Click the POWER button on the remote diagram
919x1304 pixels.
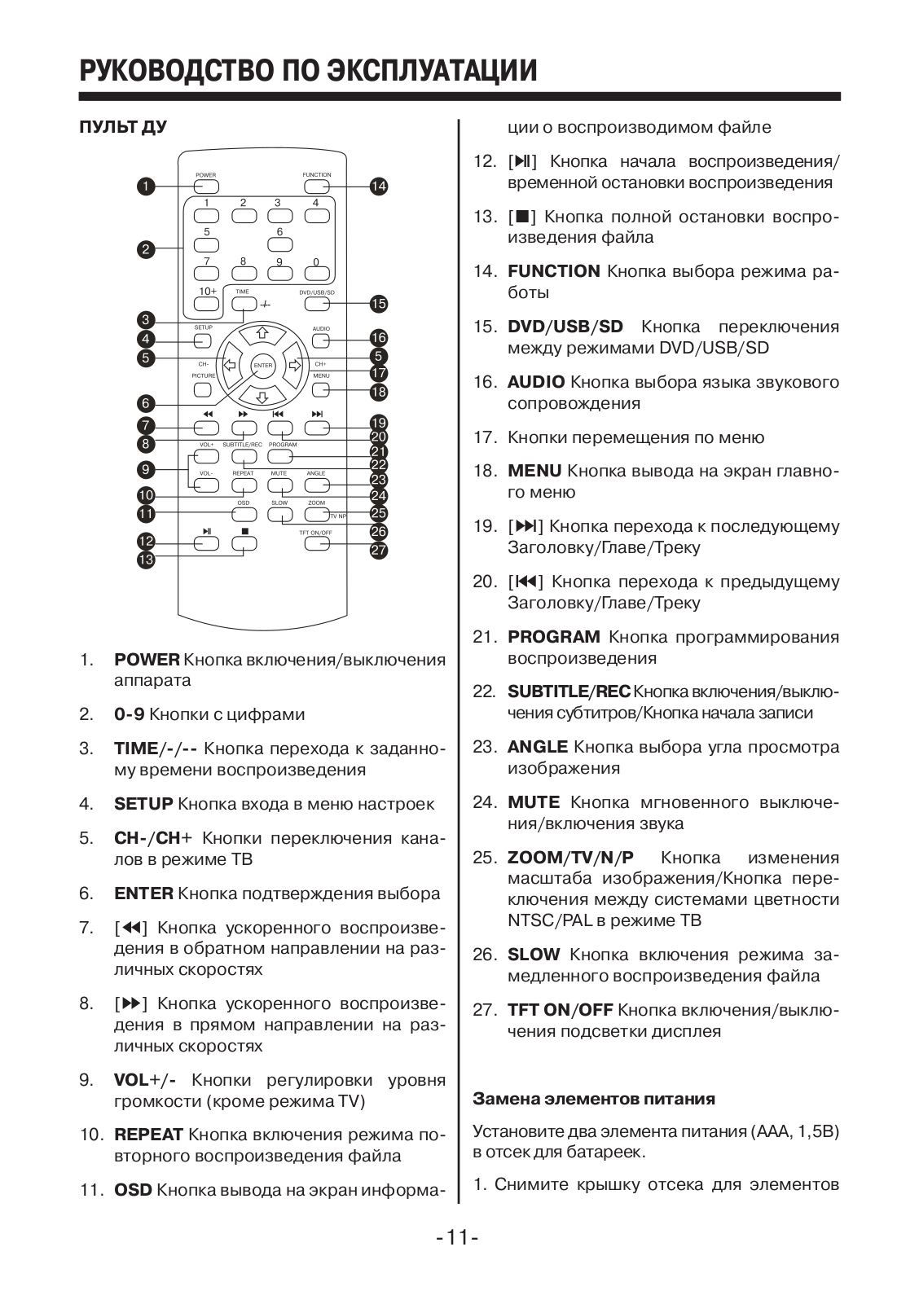coord(206,186)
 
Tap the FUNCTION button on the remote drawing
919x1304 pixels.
coord(317,186)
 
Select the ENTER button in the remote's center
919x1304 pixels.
coord(262,366)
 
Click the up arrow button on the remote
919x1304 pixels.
coord(262,332)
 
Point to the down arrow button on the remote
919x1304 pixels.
coord(262,397)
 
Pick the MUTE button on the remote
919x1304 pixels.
coord(279,485)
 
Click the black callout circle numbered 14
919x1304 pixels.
coord(378,187)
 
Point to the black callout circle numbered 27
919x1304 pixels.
coord(378,551)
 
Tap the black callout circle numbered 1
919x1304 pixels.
coord(146,187)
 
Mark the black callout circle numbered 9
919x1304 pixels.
coord(146,469)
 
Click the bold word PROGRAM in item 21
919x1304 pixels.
coord(553,637)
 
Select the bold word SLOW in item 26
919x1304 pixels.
coord(534,955)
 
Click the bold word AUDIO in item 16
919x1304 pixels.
coord(535,382)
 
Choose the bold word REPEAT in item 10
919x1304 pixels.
coord(148,1135)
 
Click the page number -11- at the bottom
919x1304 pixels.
coord(459,1238)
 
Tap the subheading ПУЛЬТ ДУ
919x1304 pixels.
coord(123,128)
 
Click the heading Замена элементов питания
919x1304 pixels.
coord(594,1099)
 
